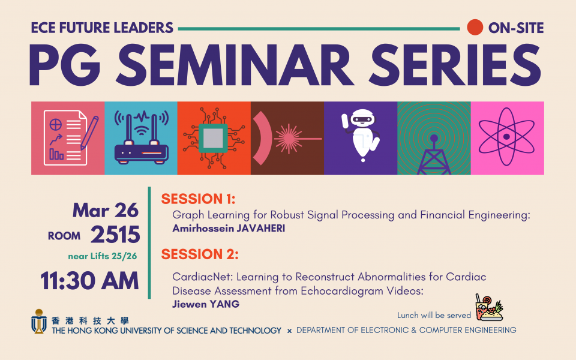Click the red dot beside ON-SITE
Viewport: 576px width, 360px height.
[x=475, y=27]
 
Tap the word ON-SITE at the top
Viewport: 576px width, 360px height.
[x=516, y=28]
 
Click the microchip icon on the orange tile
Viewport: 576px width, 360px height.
[x=214, y=138]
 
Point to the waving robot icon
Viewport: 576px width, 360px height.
[x=361, y=135]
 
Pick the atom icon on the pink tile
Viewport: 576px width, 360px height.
[x=506, y=137]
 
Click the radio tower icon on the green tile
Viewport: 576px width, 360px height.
[x=434, y=154]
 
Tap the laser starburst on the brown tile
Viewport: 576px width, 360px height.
[x=289, y=139]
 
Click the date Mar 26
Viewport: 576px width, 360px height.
[x=106, y=211]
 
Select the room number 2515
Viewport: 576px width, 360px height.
[x=115, y=235]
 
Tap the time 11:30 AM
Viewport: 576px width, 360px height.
[x=89, y=281]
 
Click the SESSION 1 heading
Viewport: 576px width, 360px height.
[x=198, y=199]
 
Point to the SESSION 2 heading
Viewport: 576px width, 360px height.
[x=200, y=254]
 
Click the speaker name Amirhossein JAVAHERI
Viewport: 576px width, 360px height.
[x=229, y=229]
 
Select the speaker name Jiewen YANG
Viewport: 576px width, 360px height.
[x=206, y=304]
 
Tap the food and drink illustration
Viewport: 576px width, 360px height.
[x=489, y=307]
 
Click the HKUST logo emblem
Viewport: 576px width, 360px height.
[x=38, y=321]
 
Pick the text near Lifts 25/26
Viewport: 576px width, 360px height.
[x=103, y=256]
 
